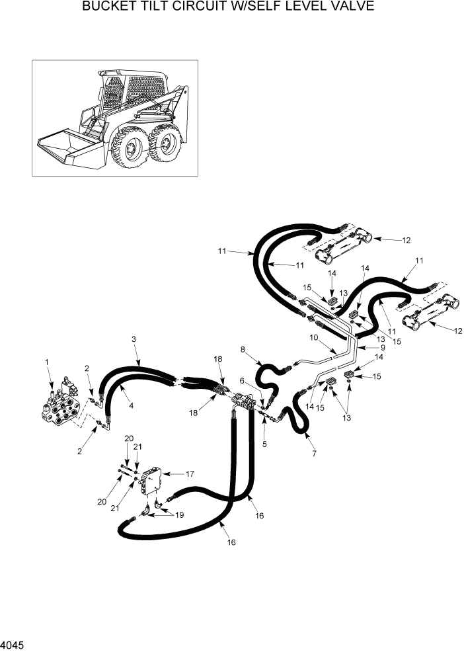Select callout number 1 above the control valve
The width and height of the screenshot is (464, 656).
pos(47,362)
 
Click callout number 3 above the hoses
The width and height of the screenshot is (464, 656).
pos(134,339)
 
